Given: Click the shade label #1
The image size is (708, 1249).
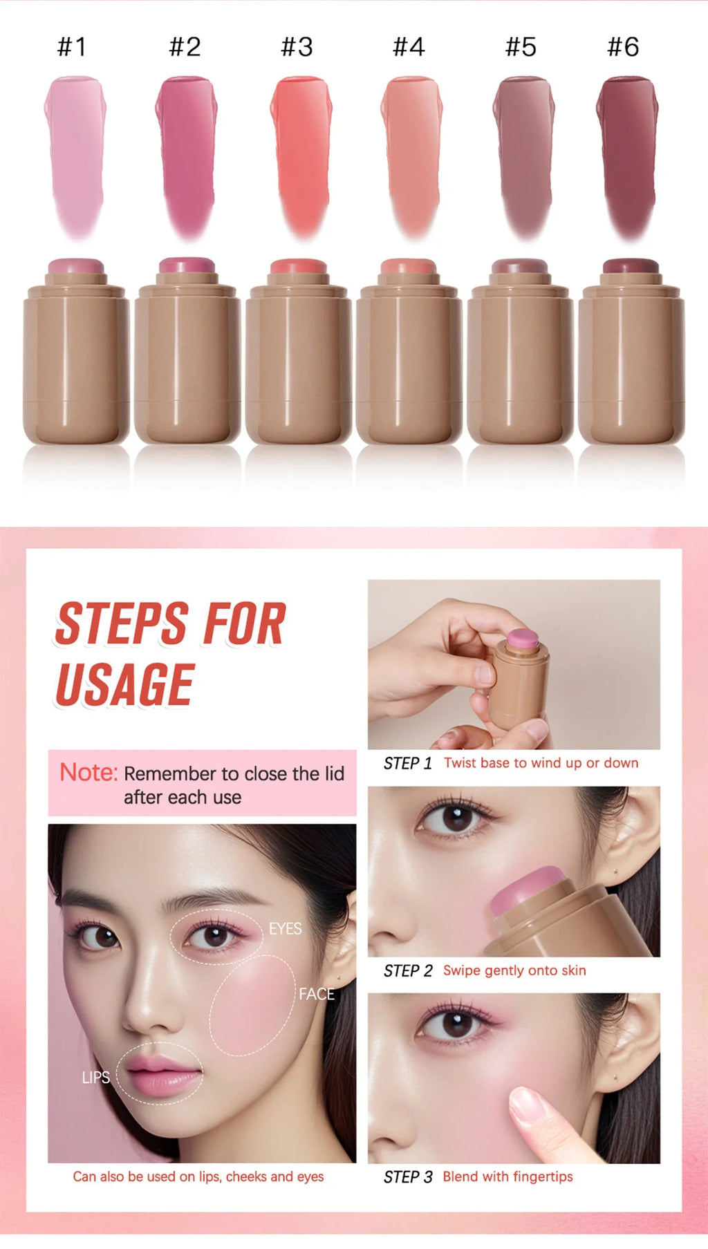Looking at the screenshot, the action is point(72,47).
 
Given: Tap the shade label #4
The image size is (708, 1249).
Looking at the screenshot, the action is point(409,47).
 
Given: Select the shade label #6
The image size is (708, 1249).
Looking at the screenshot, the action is point(623,47).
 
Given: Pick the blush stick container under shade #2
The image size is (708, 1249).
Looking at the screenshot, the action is point(187,351).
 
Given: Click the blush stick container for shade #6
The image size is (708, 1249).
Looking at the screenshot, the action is point(631,351).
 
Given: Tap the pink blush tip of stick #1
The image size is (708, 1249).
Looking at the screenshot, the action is point(76,266).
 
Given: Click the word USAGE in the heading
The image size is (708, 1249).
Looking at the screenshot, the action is point(124,684).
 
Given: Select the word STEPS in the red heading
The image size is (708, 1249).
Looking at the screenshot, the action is point(122,623).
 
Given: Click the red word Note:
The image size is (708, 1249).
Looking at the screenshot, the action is point(88,772).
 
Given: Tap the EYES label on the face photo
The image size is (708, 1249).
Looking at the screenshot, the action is point(285,928).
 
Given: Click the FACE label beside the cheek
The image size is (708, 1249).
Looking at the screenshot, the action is point(316,994).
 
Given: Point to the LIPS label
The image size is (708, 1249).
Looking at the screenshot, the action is point(95,1077).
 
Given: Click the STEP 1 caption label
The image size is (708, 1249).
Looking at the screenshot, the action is point(408,763).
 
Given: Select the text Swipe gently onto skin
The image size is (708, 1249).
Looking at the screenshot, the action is point(514,970).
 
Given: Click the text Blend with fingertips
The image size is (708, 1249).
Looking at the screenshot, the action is point(508,1176).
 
